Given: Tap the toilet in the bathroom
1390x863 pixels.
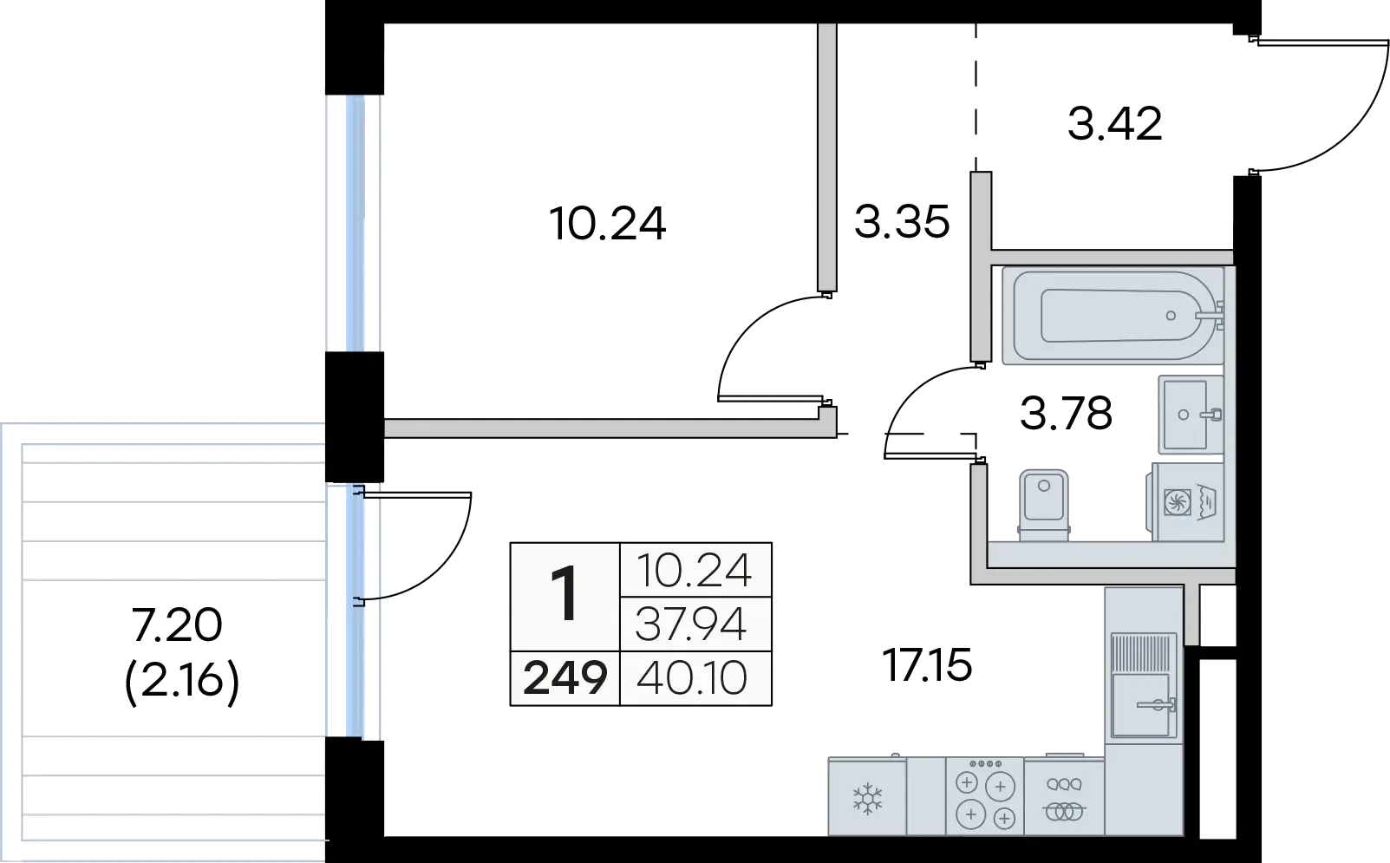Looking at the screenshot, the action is (x=1044, y=505).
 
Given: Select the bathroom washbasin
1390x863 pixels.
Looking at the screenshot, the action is (x=1191, y=415).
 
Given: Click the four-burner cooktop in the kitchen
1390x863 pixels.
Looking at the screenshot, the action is (x=985, y=796).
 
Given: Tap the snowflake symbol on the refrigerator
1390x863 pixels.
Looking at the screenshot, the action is (x=867, y=799).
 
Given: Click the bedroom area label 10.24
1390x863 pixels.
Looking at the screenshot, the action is (x=608, y=224).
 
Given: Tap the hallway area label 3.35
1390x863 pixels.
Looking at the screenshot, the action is (x=902, y=222).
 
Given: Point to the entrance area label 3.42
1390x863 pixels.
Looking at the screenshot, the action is (x=1114, y=124).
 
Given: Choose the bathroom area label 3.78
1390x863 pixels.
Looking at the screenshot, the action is (x=1066, y=414).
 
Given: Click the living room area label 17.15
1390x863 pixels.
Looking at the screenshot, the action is (x=927, y=665).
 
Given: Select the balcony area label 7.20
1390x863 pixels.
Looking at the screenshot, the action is (x=177, y=624).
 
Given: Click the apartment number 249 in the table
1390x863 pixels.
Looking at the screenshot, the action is (x=564, y=678).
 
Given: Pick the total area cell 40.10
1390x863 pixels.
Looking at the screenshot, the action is (x=691, y=678).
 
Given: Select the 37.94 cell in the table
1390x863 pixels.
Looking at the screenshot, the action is (x=690, y=624).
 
